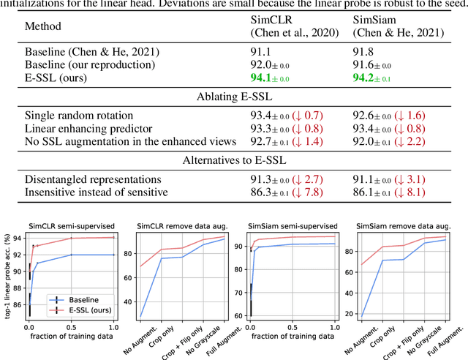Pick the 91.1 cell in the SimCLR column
pyautogui.click(x=261, y=52)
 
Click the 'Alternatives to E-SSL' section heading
pyautogui.click(x=233, y=161)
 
